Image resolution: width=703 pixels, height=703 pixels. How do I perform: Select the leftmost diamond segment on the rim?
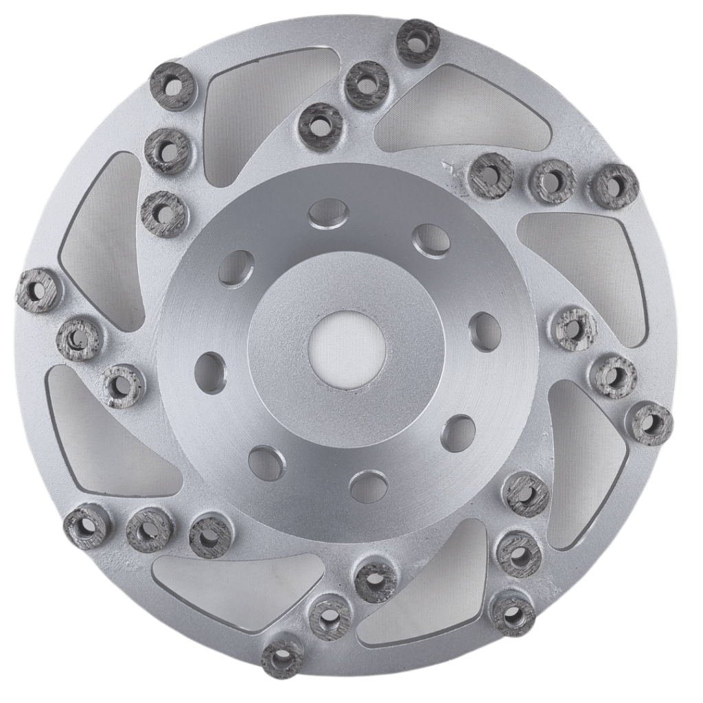(38, 290)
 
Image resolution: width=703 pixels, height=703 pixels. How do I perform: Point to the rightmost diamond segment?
(652, 424)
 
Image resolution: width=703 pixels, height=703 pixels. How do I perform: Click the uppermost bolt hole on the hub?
(328, 212)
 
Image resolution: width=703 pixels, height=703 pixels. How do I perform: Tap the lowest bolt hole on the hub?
(369, 485)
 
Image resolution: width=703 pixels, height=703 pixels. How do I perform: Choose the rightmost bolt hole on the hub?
(485, 331)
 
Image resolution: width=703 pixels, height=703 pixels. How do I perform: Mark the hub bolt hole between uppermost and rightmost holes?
(432, 240)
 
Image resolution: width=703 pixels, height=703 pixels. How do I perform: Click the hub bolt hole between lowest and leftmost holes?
(266, 462)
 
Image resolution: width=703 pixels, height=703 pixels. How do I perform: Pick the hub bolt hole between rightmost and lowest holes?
(458, 433)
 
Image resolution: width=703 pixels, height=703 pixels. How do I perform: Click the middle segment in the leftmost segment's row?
(79, 338)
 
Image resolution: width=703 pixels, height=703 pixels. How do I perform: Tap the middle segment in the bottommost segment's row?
(329, 616)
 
